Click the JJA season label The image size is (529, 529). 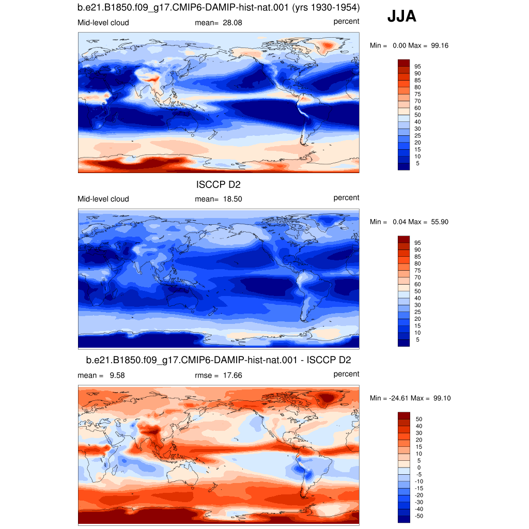coord(401,16)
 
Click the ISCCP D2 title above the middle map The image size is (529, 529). coord(219,184)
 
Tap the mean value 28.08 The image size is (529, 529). coord(232,23)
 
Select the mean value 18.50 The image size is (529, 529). coord(232,199)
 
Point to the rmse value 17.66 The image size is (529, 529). coord(232,375)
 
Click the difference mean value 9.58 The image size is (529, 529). coord(117,375)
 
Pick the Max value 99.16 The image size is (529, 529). coord(440,45)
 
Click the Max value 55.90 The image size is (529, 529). coord(440,222)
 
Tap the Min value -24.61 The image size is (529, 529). coord(398,398)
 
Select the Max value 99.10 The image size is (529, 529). coord(442,398)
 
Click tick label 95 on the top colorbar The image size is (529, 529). coord(417,67)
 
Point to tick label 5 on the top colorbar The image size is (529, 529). coord(417,163)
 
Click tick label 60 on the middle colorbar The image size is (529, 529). coord(417,284)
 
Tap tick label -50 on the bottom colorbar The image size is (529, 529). coord(418,516)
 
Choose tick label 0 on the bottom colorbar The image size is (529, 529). coord(419,468)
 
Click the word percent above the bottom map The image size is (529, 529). coord(346,374)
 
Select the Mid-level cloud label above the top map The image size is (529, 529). coord(103,23)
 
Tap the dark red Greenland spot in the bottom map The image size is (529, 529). coord(326,397)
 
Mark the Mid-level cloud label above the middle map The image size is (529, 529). coord(103,199)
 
